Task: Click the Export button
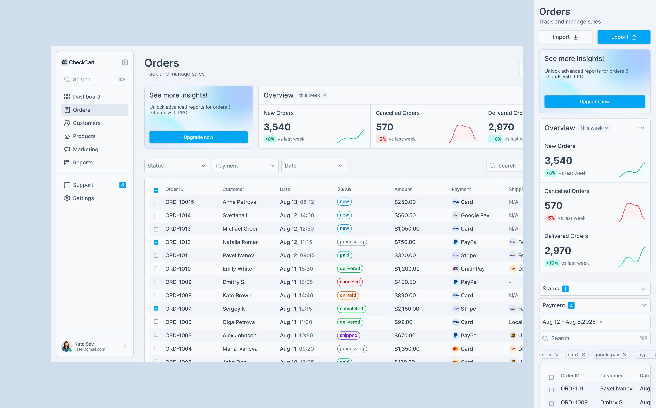coord(624,37)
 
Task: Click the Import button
coord(565,37)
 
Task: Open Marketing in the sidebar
coord(85,149)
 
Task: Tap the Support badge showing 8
coord(122,185)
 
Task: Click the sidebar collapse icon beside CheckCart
coord(125,62)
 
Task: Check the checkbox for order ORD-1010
coord(156,269)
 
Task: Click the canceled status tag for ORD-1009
coord(350,282)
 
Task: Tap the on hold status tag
coord(348,295)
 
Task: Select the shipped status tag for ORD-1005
coord(348,335)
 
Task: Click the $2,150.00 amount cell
coord(407,309)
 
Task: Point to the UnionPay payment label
coord(473,269)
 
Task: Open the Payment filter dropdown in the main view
coord(245,166)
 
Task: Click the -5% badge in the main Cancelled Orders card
coord(381,139)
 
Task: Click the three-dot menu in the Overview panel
coord(641,128)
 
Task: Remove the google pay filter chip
coord(624,355)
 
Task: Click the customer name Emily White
coord(237,269)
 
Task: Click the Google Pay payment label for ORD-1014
coord(475,215)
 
